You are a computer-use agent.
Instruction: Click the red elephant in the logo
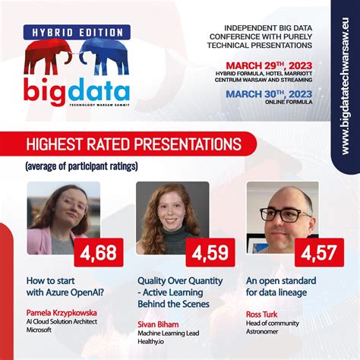click(x=46, y=57)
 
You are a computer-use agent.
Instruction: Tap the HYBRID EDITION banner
click(x=76, y=32)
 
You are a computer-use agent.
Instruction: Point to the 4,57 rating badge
click(x=317, y=253)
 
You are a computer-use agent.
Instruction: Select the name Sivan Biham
click(x=156, y=323)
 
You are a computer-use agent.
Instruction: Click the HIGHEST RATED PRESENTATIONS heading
click(x=134, y=144)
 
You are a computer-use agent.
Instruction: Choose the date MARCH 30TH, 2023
click(x=274, y=94)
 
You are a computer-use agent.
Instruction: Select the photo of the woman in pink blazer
click(x=63, y=219)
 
